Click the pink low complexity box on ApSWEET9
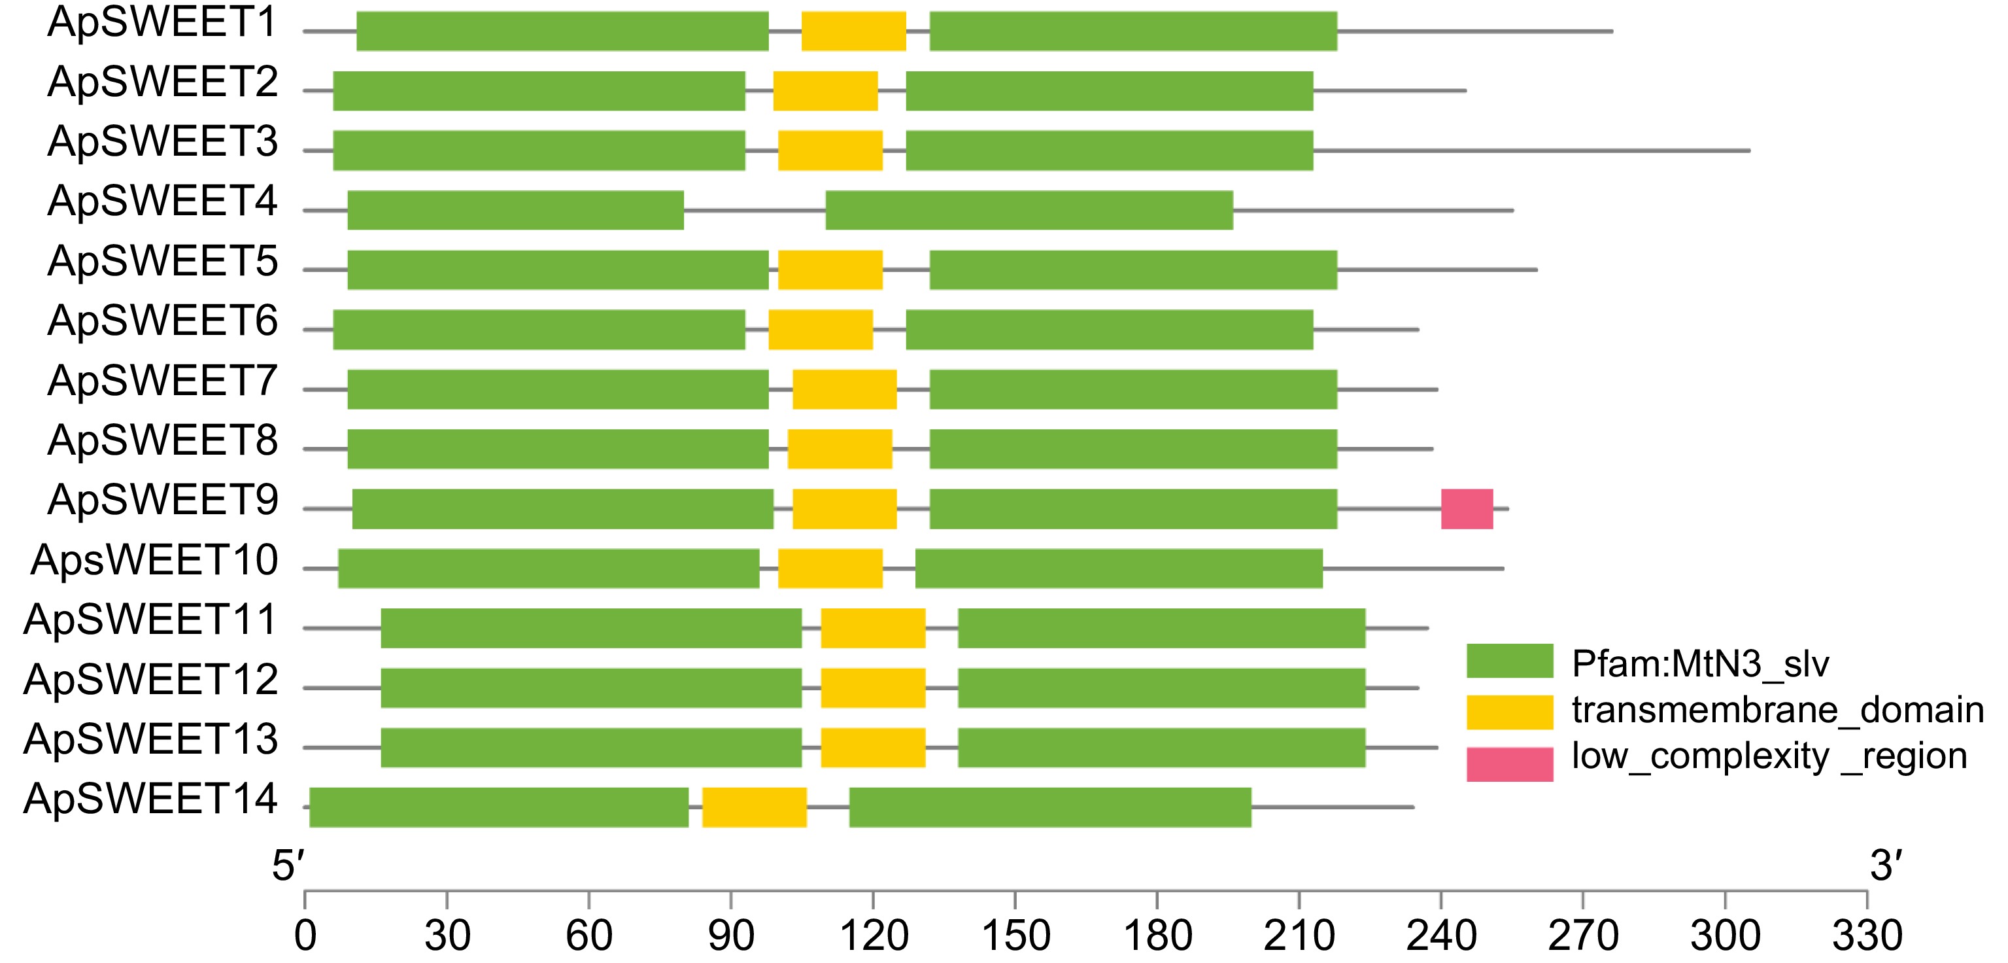(1466, 508)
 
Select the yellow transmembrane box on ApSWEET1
(853, 31)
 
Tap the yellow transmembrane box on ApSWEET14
(754, 807)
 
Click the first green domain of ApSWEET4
(515, 210)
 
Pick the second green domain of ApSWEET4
(1029, 210)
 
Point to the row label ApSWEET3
(162, 142)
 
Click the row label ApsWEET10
(154, 560)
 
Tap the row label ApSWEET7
(162, 381)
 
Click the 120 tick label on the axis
(873, 936)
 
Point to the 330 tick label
(1867, 936)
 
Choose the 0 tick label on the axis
(305, 936)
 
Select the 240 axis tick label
(1441, 936)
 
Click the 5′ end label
(288, 866)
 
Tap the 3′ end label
(1886, 866)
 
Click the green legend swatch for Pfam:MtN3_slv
(1509, 661)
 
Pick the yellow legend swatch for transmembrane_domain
(1509, 712)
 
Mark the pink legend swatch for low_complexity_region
(1509, 763)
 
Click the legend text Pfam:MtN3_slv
(1699, 663)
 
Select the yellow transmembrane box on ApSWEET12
(873, 688)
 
